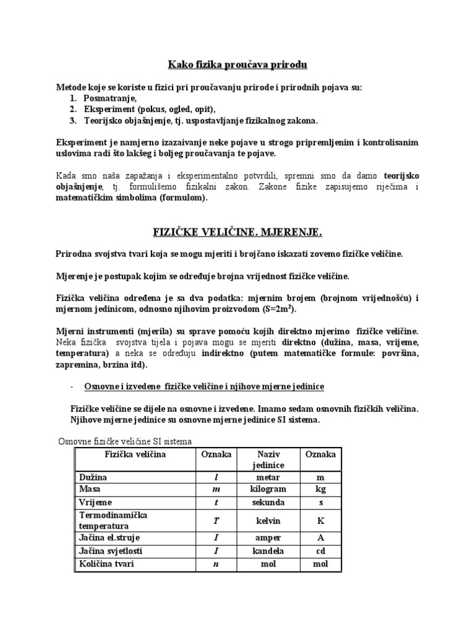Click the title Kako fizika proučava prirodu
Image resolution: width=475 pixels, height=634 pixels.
(238, 64)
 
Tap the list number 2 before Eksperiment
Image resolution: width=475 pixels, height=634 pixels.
(73, 109)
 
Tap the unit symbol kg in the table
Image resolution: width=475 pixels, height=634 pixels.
(320, 490)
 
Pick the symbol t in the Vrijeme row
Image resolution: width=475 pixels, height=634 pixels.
(216, 502)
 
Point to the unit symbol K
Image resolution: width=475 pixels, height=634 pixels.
(320, 521)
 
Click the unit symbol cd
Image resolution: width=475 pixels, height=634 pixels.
(320, 550)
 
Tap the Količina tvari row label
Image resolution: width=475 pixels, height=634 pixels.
(106, 563)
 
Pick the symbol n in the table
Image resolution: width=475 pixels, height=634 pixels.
(216, 563)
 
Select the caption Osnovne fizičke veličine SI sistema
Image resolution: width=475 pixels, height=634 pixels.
(125, 441)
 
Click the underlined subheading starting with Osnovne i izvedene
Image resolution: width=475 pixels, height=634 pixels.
(204, 386)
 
